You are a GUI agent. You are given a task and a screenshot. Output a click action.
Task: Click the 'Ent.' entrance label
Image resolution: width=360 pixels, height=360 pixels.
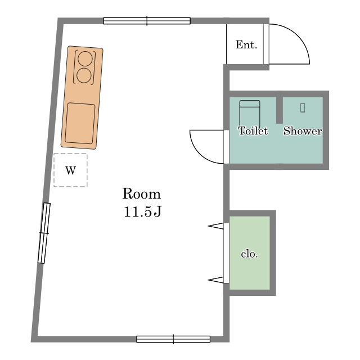point(246,44)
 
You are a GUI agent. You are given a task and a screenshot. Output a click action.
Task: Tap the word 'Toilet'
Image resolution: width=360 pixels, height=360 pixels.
point(253,131)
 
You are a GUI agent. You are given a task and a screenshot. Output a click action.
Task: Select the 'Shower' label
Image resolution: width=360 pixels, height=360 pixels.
point(303,131)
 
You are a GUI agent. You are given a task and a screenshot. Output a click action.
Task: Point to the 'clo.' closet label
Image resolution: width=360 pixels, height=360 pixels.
point(250,254)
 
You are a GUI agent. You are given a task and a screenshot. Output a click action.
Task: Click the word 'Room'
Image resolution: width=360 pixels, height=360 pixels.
point(141,193)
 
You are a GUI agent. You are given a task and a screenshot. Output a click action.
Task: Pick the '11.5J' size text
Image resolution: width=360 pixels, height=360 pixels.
point(142,211)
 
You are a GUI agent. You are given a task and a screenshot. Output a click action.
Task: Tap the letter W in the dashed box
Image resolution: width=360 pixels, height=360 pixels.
point(70,170)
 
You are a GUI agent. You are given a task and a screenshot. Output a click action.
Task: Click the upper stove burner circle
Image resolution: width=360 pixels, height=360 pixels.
point(85,58)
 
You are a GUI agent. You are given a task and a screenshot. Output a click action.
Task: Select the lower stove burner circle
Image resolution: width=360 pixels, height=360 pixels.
point(84,75)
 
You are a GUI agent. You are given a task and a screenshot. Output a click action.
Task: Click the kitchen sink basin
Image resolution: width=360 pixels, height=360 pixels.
point(80,124)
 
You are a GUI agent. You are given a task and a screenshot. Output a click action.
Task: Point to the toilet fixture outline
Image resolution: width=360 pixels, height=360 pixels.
point(250,112)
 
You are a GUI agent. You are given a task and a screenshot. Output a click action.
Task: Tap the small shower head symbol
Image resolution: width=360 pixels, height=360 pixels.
point(303,107)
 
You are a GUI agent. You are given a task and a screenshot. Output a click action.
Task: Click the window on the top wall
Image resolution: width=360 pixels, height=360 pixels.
point(147,21)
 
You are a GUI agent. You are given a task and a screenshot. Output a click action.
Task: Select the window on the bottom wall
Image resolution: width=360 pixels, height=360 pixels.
point(173,339)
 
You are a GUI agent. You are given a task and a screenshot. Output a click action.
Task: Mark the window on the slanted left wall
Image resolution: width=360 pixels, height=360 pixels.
point(44,233)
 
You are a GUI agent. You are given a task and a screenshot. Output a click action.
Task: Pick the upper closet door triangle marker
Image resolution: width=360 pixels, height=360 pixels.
point(216,226)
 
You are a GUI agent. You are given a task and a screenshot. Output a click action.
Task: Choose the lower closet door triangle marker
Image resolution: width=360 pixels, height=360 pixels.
point(216,280)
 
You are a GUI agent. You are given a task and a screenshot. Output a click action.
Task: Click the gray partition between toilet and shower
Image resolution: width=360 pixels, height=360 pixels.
point(280,110)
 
